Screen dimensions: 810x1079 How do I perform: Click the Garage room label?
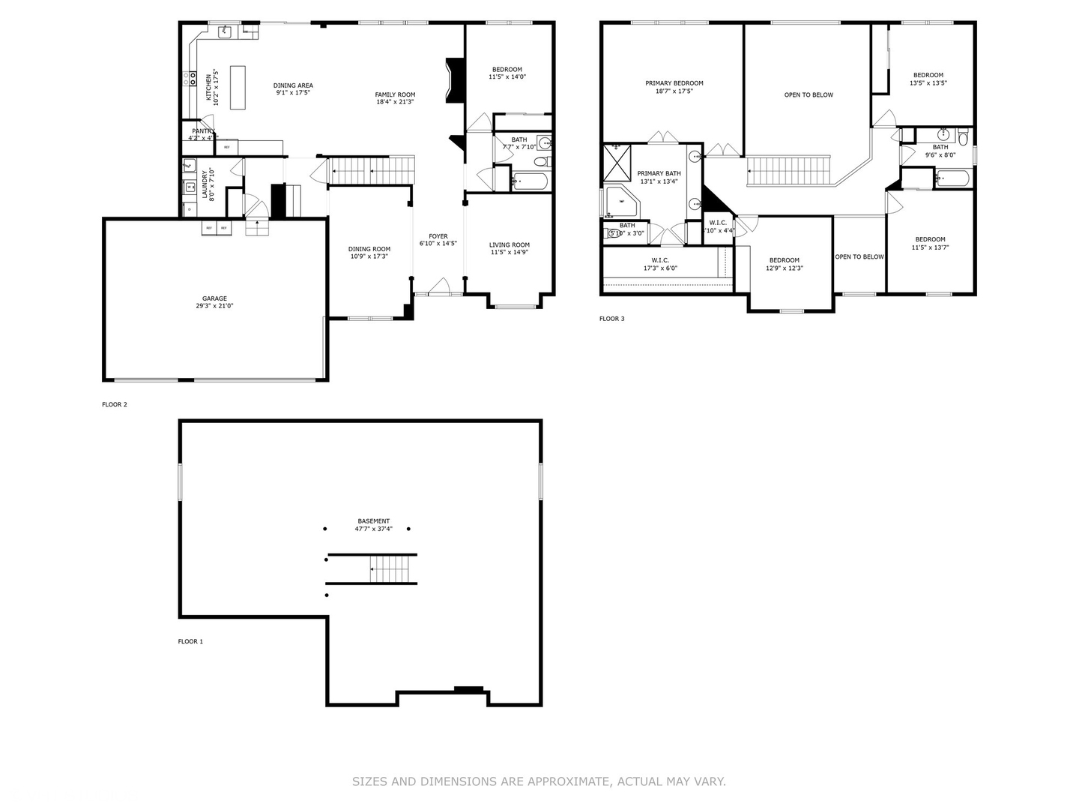[x=214, y=298]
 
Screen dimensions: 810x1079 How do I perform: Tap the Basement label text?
[x=373, y=521]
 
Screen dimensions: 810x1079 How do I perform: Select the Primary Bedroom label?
[x=674, y=83]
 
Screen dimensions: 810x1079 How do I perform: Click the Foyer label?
[x=438, y=236]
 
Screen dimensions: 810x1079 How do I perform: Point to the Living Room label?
[x=510, y=244]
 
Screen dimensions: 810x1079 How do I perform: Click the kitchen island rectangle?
[x=238, y=88]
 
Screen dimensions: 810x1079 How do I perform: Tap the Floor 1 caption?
[x=190, y=641]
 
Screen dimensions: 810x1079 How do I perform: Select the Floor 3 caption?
[x=611, y=319]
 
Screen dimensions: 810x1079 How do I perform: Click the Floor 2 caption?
[x=115, y=404]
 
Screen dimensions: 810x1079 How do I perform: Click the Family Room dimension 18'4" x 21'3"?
[x=395, y=102]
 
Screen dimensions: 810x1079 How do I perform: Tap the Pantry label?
[x=202, y=131]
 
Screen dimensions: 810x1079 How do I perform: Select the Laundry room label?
[x=205, y=184]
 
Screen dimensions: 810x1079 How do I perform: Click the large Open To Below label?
[x=809, y=95]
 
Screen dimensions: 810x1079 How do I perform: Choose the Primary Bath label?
[x=659, y=173]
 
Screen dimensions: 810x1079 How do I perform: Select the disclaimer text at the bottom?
[x=539, y=781]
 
